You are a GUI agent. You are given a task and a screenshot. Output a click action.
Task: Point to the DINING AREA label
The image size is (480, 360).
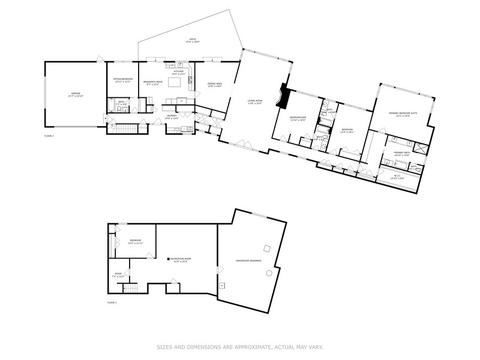[215, 85]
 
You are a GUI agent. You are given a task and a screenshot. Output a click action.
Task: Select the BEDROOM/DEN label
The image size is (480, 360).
[298, 118]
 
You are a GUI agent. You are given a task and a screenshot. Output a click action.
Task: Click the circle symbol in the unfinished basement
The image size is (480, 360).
[269, 273]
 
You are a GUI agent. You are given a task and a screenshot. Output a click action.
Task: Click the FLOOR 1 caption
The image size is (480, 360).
[112, 302]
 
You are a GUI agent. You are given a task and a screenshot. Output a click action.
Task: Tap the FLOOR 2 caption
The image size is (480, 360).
[49, 136]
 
